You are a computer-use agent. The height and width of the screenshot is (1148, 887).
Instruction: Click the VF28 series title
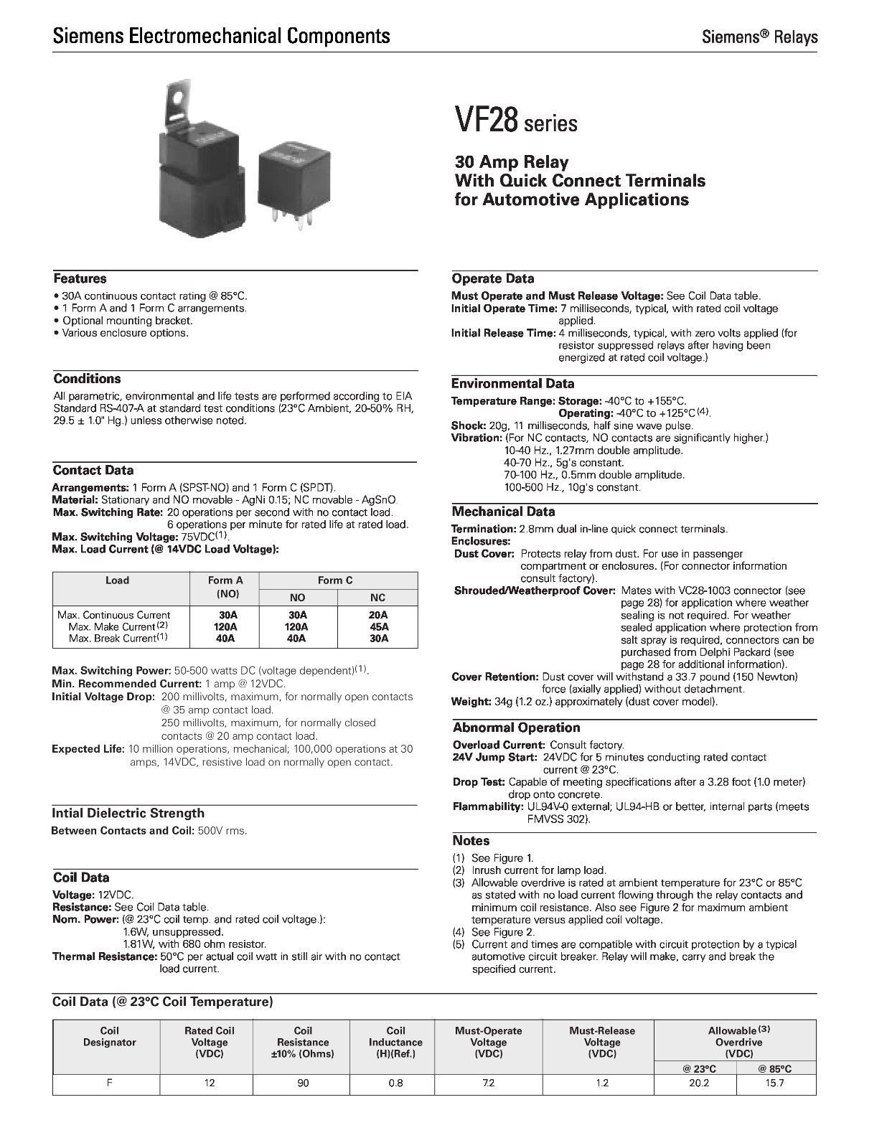(x=515, y=120)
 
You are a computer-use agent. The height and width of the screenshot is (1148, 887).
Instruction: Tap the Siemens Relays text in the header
(x=759, y=37)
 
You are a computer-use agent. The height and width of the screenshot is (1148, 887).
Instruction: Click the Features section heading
(x=80, y=278)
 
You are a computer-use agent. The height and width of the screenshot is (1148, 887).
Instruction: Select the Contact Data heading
(x=93, y=471)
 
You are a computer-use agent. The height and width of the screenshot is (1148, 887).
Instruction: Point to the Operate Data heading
(x=492, y=278)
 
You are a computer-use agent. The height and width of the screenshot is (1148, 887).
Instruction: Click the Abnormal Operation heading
(x=516, y=728)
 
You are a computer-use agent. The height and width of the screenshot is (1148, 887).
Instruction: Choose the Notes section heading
(x=471, y=840)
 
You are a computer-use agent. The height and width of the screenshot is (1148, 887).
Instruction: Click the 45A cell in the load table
(x=377, y=626)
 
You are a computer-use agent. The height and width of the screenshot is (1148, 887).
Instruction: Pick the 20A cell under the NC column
(x=377, y=615)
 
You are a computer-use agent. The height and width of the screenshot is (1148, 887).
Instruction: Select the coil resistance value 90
(x=303, y=1083)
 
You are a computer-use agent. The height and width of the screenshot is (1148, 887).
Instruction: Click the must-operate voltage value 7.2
(x=488, y=1083)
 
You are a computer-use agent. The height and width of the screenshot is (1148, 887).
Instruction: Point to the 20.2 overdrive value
(x=698, y=1083)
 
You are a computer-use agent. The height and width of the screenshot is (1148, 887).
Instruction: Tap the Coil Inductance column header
(x=395, y=1042)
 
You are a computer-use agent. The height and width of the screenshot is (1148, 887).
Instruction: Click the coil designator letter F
(x=109, y=1083)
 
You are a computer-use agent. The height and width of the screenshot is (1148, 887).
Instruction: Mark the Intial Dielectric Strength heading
(x=128, y=813)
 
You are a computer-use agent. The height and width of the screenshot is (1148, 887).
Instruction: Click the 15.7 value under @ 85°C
(x=776, y=1083)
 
